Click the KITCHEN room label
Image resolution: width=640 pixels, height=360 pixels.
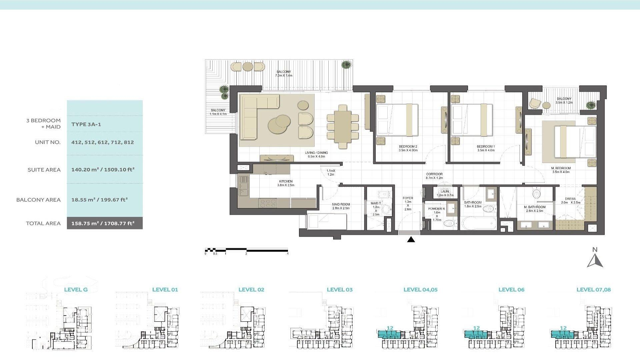[286, 182]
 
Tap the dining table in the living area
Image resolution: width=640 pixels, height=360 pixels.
[342, 127]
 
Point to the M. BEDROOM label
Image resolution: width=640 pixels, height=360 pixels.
[561, 168]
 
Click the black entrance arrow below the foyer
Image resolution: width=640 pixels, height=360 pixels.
[411, 239]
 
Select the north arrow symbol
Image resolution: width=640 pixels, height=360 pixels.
[595, 260]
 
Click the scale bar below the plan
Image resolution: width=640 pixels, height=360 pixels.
[246, 250]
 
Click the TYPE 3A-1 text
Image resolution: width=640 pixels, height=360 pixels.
[86, 124]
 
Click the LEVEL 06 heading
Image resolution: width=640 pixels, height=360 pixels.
[511, 290]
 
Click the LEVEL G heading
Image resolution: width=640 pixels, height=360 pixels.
[76, 290]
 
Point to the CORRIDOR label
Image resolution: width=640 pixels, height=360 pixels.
[434, 174]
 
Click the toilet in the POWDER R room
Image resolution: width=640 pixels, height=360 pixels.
[449, 223]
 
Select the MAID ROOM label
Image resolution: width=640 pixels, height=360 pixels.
[341, 204]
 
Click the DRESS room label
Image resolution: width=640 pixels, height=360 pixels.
[570, 199]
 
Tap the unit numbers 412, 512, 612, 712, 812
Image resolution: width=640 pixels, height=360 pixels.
[103, 142]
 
